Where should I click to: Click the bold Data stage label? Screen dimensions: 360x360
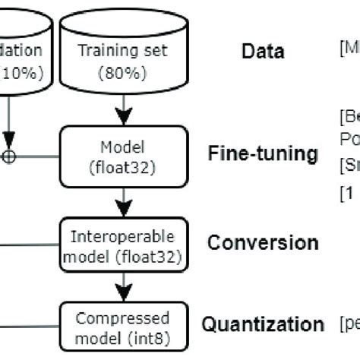263,52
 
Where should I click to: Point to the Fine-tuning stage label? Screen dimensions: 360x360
262,154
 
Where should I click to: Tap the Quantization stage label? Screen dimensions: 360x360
262,324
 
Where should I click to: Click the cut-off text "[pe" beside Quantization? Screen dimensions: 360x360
349,325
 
